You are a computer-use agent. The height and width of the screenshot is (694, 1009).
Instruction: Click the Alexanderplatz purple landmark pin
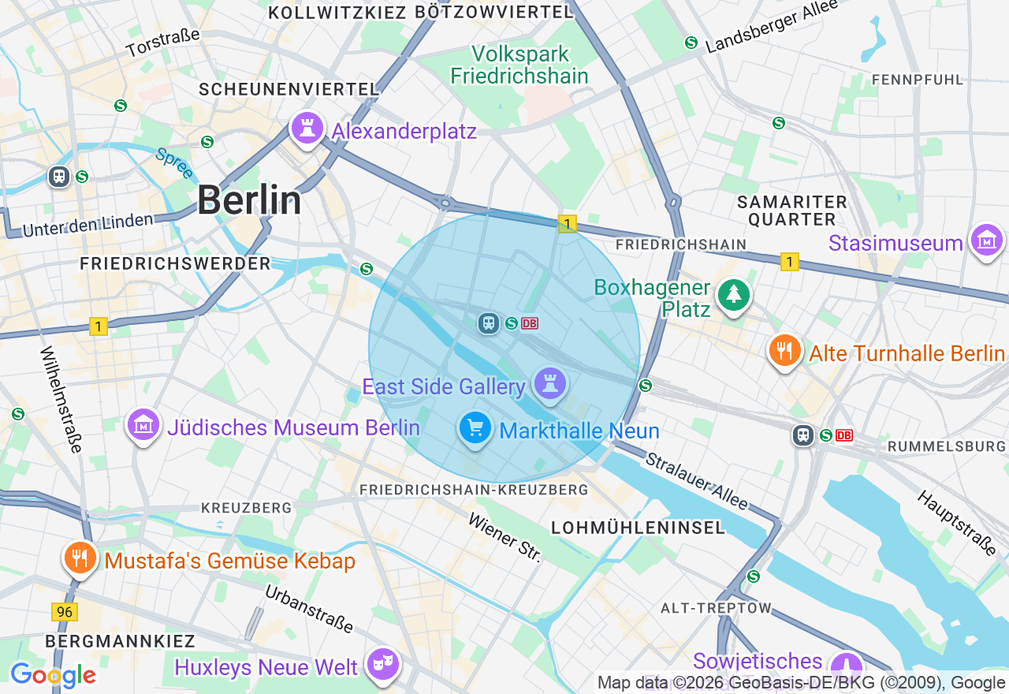(307, 128)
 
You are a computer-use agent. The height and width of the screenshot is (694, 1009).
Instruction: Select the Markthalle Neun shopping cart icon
(475, 428)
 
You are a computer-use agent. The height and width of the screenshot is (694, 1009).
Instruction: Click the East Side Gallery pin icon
(550, 384)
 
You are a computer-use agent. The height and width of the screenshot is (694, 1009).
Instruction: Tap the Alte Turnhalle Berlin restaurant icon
(784, 351)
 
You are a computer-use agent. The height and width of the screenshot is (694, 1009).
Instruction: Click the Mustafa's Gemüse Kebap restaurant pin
(80, 558)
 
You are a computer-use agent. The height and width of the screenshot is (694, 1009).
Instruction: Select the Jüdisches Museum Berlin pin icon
(143, 426)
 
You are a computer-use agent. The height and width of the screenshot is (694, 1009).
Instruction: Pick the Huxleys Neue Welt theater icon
(383, 665)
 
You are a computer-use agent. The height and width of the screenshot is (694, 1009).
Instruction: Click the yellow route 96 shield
(65, 611)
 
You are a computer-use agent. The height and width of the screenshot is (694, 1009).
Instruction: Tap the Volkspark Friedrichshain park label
(519, 65)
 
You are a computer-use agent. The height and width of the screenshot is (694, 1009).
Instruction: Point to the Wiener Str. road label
(505, 538)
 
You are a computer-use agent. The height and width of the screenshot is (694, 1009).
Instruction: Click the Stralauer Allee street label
(696, 481)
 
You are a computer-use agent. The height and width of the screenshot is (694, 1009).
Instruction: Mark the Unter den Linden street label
(87, 225)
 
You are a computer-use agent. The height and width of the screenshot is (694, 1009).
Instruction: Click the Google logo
(53, 675)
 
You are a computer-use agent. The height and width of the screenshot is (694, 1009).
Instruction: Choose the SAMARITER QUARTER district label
(791, 211)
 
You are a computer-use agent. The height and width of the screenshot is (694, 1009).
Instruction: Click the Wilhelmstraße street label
(61, 400)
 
